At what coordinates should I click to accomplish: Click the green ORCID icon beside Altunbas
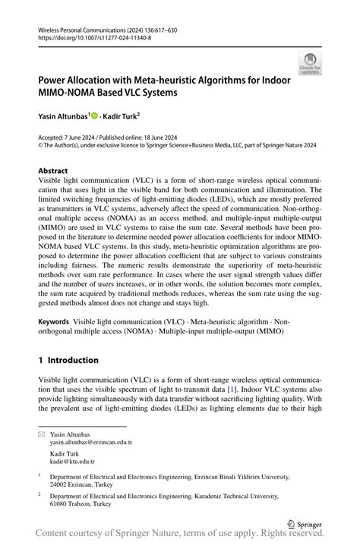(95, 115)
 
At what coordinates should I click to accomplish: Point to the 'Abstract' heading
(53, 171)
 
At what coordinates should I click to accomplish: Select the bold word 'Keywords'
(55, 322)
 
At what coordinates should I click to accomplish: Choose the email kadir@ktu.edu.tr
(72, 461)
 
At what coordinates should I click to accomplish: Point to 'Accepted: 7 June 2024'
(66, 137)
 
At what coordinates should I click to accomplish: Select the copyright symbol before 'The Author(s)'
(41, 144)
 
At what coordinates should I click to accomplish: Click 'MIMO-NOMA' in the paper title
(71, 92)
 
